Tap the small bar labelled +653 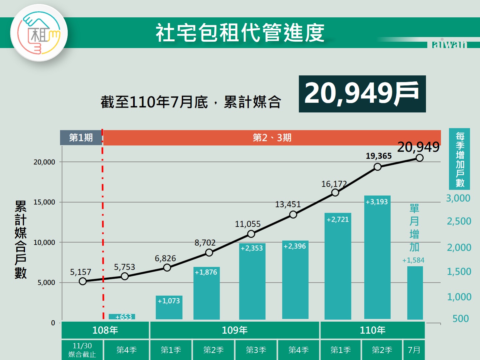(x=122, y=317)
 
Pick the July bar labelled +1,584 (x=415, y=293)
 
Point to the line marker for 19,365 (x=377, y=167)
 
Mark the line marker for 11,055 (x=251, y=234)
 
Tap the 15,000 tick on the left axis (x=44, y=202)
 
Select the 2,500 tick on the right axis (x=459, y=221)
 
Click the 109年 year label (x=234, y=330)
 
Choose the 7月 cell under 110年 (x=414, y=350)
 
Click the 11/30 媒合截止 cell (x=82, y=350)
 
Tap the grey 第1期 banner (x=81, y=137)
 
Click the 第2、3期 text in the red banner (x=272, y=137)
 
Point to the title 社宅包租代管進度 (x=240, y=33)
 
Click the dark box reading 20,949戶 (x=362, y=94)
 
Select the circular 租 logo (x=39, y=33)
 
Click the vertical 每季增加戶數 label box (x=460, y=159)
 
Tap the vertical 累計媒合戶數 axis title (x=20, y=240)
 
